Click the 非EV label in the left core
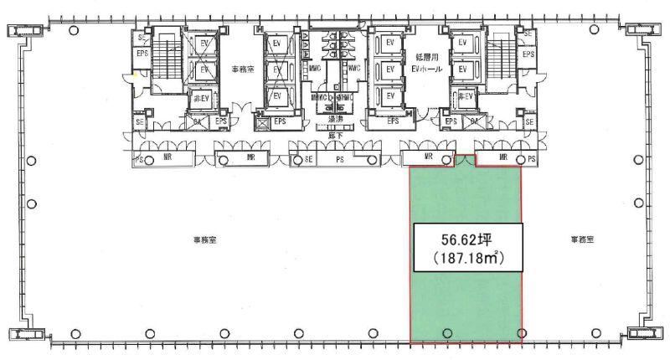201,97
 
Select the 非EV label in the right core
466,97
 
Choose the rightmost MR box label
503,157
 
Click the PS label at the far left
138,157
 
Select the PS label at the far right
531,157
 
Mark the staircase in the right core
500,63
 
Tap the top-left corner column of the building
23,33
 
